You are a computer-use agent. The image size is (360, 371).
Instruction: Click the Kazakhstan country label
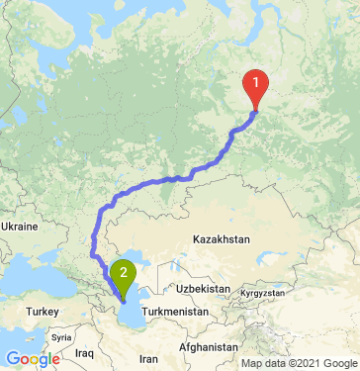223,240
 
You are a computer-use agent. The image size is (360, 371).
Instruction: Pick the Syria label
61,335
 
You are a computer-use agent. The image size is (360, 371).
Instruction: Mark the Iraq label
83,351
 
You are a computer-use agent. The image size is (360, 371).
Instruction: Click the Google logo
33,359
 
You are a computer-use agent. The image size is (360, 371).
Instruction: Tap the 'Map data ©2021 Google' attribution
297,363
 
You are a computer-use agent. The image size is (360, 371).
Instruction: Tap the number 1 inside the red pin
256,82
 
